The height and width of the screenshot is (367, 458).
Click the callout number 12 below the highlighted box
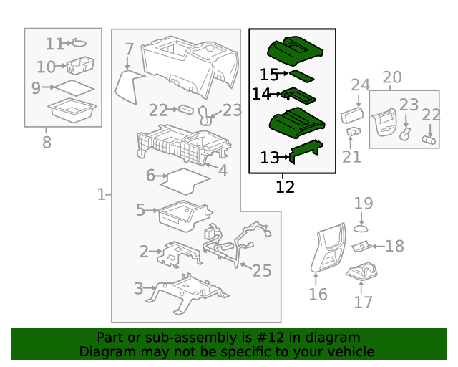285,186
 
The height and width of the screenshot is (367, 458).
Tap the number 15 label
269,75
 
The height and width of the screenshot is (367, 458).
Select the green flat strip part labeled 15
302,76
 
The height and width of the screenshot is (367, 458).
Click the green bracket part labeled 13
306,151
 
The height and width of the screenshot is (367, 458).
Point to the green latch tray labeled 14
298,96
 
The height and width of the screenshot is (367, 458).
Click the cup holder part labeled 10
80,65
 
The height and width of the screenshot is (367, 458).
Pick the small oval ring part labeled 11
79,43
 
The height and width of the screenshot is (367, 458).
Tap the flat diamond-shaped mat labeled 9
74,88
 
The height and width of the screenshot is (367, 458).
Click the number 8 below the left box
47,142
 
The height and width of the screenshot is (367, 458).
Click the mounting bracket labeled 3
187,294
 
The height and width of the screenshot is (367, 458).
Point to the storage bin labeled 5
185,216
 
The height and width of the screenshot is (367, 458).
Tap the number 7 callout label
129,49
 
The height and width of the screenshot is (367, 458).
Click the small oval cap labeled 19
361,229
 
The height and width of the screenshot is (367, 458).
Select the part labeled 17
361,271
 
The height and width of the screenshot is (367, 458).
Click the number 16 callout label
318,294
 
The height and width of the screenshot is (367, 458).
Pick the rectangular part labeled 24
352,115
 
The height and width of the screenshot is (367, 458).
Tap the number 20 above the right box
392,77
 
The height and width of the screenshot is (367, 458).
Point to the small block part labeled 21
354,131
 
